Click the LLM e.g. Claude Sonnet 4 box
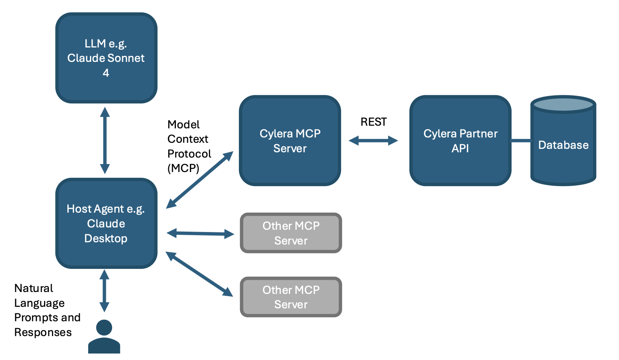106,58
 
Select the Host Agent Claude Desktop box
106,223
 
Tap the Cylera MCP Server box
290,141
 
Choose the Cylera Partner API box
460,141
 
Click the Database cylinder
563,141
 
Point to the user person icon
104,336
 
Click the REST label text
374,122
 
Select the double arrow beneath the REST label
373,141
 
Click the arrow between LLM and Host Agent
105,141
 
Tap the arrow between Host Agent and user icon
104,291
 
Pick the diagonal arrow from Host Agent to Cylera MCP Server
199,180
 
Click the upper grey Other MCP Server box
291,233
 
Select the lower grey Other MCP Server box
291,297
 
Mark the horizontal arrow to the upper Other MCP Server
201,234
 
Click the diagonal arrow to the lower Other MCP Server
199,274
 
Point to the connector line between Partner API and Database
521,141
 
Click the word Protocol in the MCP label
189,154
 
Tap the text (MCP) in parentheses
183,168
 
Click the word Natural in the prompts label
33,288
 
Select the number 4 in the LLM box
106,73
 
